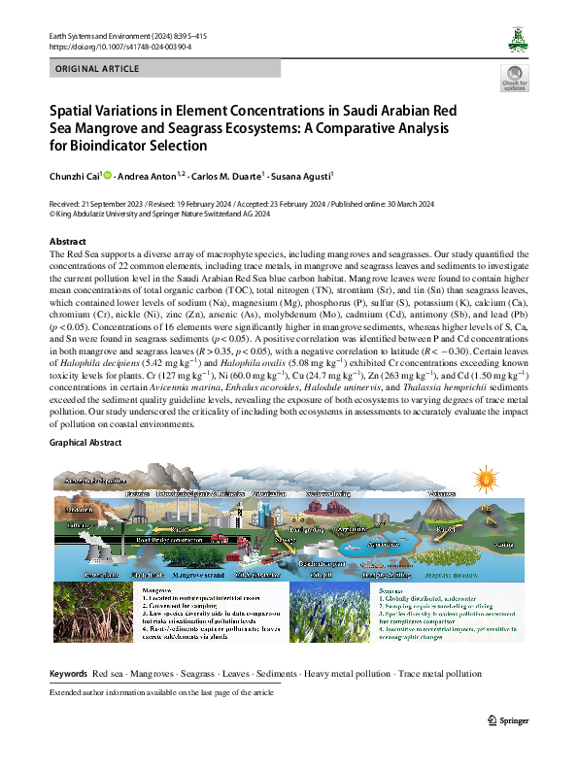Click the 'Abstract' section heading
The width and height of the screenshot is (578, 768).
point(67,240)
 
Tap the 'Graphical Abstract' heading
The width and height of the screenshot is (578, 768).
point(85,442)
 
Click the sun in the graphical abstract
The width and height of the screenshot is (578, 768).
point(483,477)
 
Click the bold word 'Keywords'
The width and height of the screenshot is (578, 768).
point(68,673)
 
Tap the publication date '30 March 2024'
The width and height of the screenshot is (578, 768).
point(393,204)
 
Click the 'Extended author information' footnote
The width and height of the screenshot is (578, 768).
point(161,693)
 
